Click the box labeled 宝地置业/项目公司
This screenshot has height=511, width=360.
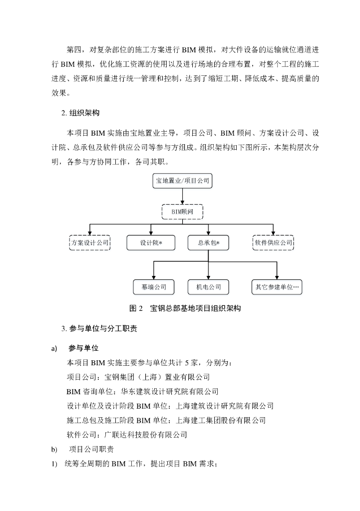[x=182, y=181]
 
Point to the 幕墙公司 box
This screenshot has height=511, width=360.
[x=153, y=287]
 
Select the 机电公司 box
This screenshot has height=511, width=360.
[x=208, y=287]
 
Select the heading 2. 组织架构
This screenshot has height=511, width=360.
[x=80, y=113]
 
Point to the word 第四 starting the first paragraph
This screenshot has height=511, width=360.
[x=74, y=50]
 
